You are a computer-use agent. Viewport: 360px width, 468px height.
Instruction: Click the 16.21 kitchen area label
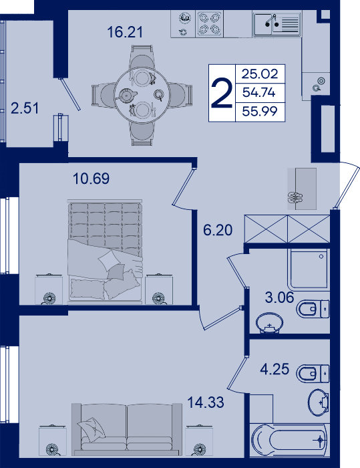pos(125,32)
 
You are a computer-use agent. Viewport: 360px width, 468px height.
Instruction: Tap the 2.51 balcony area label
pos(25,108)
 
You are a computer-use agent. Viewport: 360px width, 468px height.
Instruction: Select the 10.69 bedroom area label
pos(92,179)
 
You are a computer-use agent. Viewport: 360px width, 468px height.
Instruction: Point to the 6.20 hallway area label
pos(218,230)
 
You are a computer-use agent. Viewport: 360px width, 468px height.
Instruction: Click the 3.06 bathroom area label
pos(280,298)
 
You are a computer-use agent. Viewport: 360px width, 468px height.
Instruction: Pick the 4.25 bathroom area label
pos(275,369)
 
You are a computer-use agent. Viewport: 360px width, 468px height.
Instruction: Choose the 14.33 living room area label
pos(206,402)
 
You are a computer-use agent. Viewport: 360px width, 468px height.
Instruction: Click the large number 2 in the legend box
pos(222,93)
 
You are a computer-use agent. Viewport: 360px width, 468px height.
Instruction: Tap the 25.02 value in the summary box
pos(260,74)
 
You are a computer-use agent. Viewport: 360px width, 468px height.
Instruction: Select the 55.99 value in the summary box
pos(260,112)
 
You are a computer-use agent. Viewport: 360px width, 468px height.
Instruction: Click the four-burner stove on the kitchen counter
pos(209,24)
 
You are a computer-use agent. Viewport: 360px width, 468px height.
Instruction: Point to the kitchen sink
pos(277,24)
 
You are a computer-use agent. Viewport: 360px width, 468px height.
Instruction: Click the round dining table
pos(142,95)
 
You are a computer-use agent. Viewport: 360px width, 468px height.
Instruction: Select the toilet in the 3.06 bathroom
pos(313,309)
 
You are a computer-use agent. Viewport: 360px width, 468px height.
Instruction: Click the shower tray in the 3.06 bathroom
pos(309,269)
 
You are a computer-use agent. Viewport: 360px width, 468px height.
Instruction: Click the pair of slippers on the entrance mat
pos(295,197)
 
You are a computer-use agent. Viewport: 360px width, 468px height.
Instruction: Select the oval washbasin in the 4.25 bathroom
pos(319,402)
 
